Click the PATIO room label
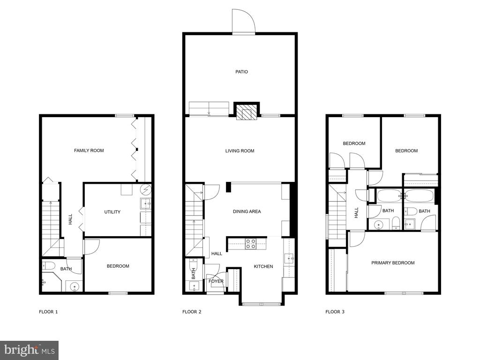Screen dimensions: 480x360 [x=241, y=72]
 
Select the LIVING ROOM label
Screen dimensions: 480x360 [x=240, y=150]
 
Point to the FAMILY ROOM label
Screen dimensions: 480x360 [x=89, y=150]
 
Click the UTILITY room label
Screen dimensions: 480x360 [x=112, y=212]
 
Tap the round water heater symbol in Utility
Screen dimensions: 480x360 [x=146, y=190]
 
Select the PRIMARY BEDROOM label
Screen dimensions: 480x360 [x=393, y=262]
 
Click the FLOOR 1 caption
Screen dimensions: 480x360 [x=48, y=312]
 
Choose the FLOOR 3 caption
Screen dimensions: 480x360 [x=335, y=312]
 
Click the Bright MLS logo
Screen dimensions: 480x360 [x=30, y=350]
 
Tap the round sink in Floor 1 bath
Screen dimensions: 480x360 [x=75, y=287]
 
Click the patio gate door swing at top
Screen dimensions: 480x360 [x=243, y=21]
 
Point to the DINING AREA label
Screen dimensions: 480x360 [x=247, y=211]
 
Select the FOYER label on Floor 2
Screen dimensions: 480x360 [x=216, y=281]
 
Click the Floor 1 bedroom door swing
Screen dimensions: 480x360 [x=92, y=247]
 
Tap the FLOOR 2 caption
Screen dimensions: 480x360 [x=192, y=312]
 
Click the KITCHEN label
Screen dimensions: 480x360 [x=263, y=267]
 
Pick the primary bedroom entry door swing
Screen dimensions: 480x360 [x=357, y=239]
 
